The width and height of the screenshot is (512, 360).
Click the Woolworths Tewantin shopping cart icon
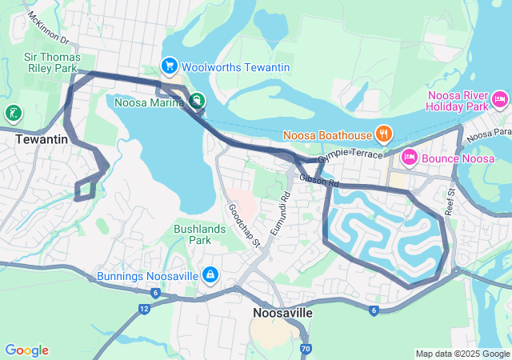pos(169,66)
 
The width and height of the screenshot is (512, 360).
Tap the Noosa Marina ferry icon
pos(196,101)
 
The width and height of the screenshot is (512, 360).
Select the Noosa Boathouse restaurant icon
pos(384,134)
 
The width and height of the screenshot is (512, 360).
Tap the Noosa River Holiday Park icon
pos(500,100)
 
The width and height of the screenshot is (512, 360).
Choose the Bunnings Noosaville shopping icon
pos(210,275)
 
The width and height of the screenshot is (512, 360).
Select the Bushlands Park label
pos(192,234)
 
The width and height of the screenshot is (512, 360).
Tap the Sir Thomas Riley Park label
pos(50,62)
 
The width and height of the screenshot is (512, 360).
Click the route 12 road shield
pos(144,308)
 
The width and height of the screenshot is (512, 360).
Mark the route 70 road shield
pos(306,349)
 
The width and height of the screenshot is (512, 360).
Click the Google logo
pos(26,350)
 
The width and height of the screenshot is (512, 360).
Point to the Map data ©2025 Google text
pos(462,354)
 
